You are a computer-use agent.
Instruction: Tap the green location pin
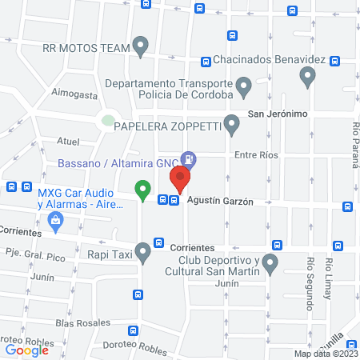142,190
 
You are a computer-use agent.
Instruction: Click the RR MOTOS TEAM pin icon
141,46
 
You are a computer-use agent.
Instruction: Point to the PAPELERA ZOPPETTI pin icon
232,124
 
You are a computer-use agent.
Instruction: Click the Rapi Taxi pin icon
143,254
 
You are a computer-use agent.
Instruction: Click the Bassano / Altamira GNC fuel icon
187,159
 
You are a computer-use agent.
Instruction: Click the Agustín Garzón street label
220,202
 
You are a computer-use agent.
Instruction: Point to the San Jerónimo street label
278,114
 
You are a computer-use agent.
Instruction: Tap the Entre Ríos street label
256,155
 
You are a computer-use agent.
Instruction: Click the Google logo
27,350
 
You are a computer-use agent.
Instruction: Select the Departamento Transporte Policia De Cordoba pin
244,84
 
